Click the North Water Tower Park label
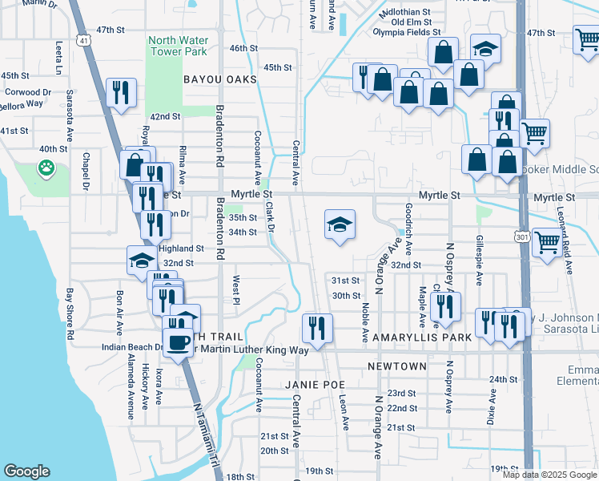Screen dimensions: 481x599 click(x=177, y=46)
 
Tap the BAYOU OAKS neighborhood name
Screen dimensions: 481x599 click(x=219, y=80)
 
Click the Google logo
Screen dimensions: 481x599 click(x=26, y=471)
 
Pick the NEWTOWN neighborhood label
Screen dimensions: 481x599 click(x=397, y=366)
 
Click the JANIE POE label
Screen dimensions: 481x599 click(x=315, y=385)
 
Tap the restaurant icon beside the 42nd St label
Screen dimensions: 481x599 click(x=121, y=92)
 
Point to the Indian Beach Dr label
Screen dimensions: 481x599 click(x=133, y=348)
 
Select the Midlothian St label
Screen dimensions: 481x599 click(x=405, y=14)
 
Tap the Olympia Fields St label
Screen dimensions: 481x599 click(x=407, y=33)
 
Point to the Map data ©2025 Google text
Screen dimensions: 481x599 click(x=549, y=475)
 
